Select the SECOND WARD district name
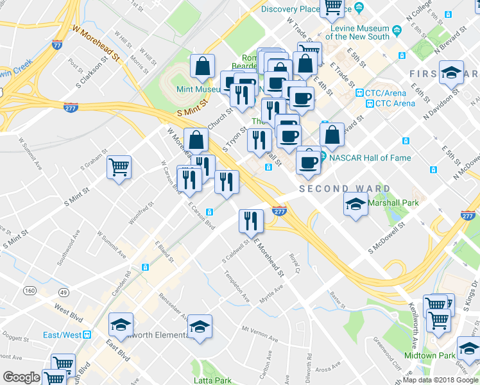345,189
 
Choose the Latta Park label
214,381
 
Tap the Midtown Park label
429,355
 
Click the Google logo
21,377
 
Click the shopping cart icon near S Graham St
119,168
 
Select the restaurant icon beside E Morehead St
251,221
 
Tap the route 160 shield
30,291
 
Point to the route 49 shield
63,293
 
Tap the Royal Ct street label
295,261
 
